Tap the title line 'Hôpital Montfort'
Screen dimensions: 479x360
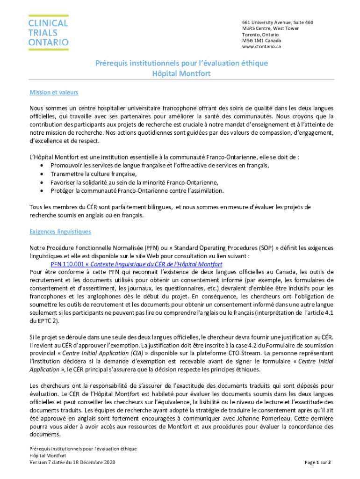[x=181, y=73]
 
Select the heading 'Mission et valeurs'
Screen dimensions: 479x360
[x=54, y=92]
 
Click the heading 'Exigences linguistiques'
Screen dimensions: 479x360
[x=60, y=232]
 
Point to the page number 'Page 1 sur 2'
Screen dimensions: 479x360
[x=317, y=463]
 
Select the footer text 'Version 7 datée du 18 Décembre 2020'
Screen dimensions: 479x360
[x=72, y=463]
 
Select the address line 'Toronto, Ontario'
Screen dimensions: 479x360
[x=260, y=35]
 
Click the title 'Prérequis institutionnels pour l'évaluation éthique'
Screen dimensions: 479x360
[x=181, y=63]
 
